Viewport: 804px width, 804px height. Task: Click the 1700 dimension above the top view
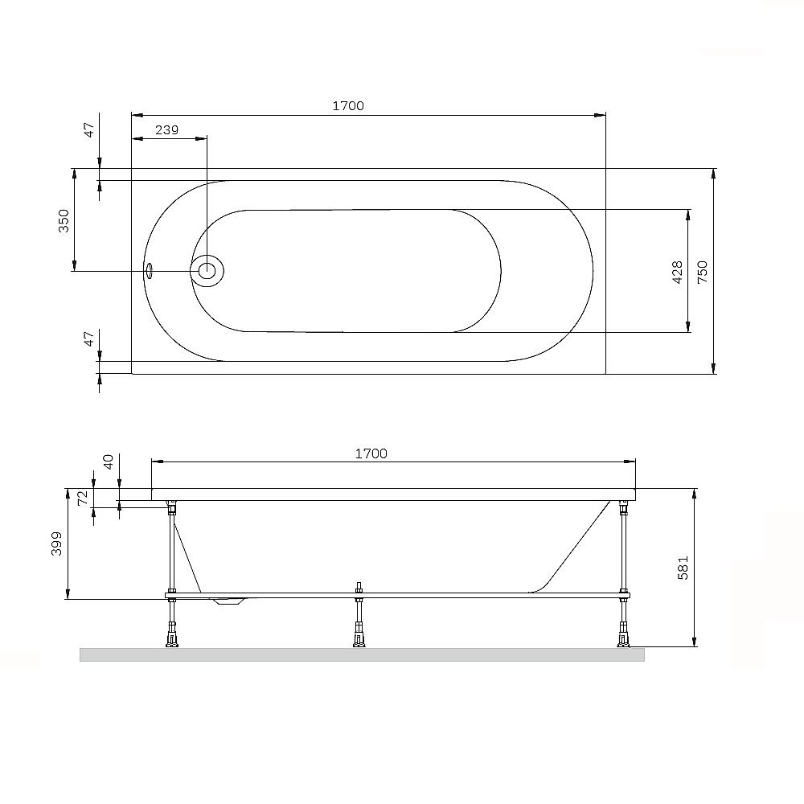(348, 105)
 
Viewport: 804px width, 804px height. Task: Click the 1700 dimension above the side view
(371, 453)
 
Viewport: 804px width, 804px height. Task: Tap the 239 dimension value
(166, 129)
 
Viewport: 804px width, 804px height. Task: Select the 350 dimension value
(63, 220)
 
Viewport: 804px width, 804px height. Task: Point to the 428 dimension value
(677, 273)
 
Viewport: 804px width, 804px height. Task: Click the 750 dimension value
(702, 273)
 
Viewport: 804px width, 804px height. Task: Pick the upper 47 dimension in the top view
(89, 129)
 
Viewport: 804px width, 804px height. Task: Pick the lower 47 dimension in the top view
(89, 338)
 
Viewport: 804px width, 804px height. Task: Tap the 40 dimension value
(109, 461)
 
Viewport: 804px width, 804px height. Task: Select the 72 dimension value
(83, 498)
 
